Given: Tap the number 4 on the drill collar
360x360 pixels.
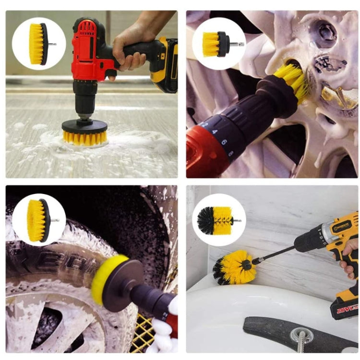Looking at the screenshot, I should click(x=215, y=132).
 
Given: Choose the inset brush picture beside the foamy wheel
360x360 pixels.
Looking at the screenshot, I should click(x=218, y=44).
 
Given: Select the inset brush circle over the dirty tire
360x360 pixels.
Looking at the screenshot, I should click(x=38, y=220).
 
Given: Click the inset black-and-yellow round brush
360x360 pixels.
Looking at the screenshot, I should click(x=218, y=220).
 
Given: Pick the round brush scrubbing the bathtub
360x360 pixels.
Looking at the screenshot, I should click(x=235, y=266).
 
